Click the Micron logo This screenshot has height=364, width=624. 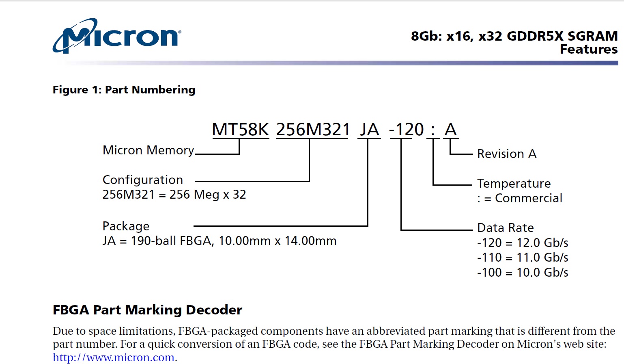pyautogui.click(x=117, y=36)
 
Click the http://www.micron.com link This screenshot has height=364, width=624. pyautogui.click(x=114, y=357)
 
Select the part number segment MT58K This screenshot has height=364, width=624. pyautogui.click(x=240, y=130)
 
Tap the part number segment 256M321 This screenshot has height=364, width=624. pyautogui.click(x=313, y=130)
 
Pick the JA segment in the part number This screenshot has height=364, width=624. pyautogui.click(x=369, y=130)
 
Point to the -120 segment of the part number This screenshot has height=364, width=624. pyautogui.click(x=407, y=130)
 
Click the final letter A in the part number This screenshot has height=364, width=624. pyautogui.click(x=450, y=130)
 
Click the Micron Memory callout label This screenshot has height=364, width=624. pyautogui.click(x=148, y=150)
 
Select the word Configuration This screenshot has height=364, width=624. pyautogui.click(x=143, y=180)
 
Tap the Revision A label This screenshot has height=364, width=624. pyautogui.click(x=507, y=154)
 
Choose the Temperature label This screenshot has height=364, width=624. pyautogui.click(x=514, y=184)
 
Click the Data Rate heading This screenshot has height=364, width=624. pyautogui.click(x=505, y=228)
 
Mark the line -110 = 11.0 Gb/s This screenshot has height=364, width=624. pyautogui.click(x=523, y=258)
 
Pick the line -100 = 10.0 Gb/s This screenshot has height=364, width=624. pyautogui.click(x=523, y=273)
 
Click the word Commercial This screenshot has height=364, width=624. pyautogui.click(x=529, y=198)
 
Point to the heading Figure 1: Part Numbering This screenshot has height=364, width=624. pyautogui.click(x=124, y=90)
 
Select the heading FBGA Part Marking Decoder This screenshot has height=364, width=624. pyautogui.click(x=147, y=310)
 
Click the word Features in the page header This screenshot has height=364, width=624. pyautogui.click(x=589, y=49)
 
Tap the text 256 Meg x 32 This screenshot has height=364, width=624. pyautogui.click(x=208, y=195)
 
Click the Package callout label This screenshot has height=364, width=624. pyautogui.click(x=126, y=226)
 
